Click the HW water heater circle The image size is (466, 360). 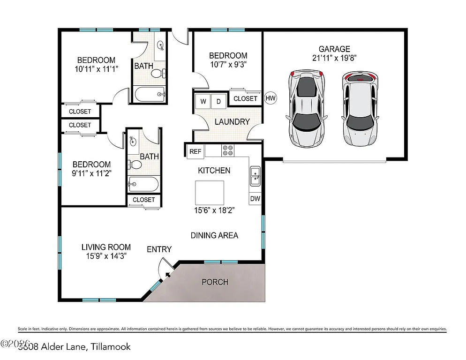tap(270, 98)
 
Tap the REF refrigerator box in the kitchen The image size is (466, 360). tap(195, 151)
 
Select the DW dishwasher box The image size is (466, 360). tap(255, 199)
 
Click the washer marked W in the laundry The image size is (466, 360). tap(203, 101)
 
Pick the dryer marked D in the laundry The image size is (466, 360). tap(218, 101)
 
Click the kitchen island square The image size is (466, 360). tap(210, 190)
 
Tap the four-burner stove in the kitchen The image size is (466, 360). tap(228, 151)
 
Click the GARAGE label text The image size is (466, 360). tap(334, 49)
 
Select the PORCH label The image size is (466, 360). tap(215, 282)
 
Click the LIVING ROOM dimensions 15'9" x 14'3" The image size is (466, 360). tap(105, 256)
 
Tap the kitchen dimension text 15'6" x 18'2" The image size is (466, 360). tap(214, 210)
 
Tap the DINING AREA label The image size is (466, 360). tap(214, 235)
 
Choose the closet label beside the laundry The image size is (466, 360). tap(245, 98)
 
